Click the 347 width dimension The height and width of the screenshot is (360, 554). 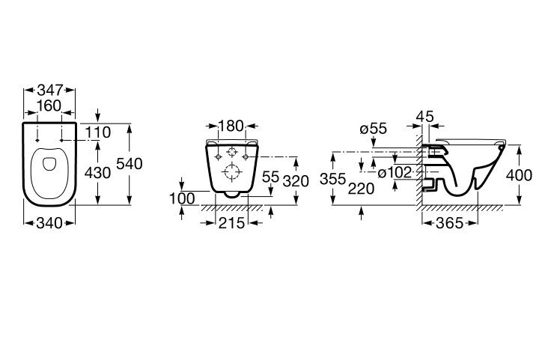(50, 91)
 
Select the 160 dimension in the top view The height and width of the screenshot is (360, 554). (49, 106)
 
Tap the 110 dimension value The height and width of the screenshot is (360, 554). (98, 132)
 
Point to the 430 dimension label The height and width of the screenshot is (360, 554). (97, 173)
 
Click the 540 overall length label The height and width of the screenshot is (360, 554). (130, 164)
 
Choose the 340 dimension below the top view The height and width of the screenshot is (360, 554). (49, 223)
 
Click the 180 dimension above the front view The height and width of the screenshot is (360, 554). (231, 126)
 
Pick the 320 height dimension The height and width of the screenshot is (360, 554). (296, 181)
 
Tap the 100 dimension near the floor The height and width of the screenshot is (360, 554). (182, 198)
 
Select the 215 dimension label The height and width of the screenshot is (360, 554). (231, 223)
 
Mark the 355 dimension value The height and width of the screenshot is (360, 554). (332, 179)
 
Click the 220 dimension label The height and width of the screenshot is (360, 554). (361, 189)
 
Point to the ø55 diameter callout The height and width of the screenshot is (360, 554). (374, 129)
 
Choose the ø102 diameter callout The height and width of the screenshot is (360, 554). (395, 173)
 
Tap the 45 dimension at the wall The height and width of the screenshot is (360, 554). (424, 116)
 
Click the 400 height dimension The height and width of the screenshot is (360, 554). (519, 175)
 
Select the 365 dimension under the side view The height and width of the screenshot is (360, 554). (449, 223)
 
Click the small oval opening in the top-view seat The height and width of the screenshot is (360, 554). (49, 164)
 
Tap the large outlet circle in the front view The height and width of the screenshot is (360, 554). (232, 172)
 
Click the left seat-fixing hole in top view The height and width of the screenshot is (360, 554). (37, 140)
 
